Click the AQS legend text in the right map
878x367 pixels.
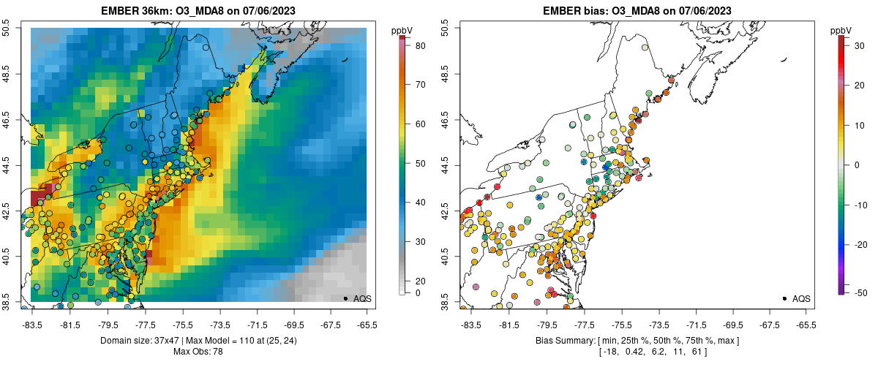tap(801, 299)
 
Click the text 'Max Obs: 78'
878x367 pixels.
tap(198, 352)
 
